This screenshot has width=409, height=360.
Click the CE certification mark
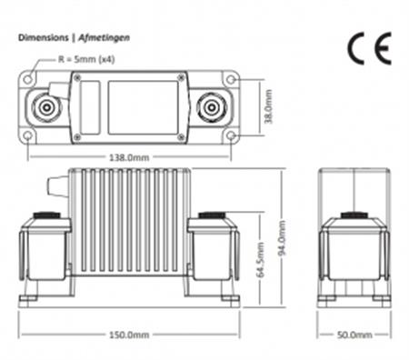click(369, 48)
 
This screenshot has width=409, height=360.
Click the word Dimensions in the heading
click(44, 38)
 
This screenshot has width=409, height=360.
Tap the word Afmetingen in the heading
click(105, 38)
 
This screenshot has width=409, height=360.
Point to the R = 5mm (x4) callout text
click(86, 59)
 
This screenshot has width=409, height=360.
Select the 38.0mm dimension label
click(268, 106)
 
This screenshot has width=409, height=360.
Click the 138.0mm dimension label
click(129, 157)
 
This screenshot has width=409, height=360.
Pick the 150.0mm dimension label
click(129, 335)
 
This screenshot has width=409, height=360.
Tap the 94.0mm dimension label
click(282, 238)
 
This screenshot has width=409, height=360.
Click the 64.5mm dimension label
click(260, 260)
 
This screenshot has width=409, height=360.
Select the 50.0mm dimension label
click(354, 335)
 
